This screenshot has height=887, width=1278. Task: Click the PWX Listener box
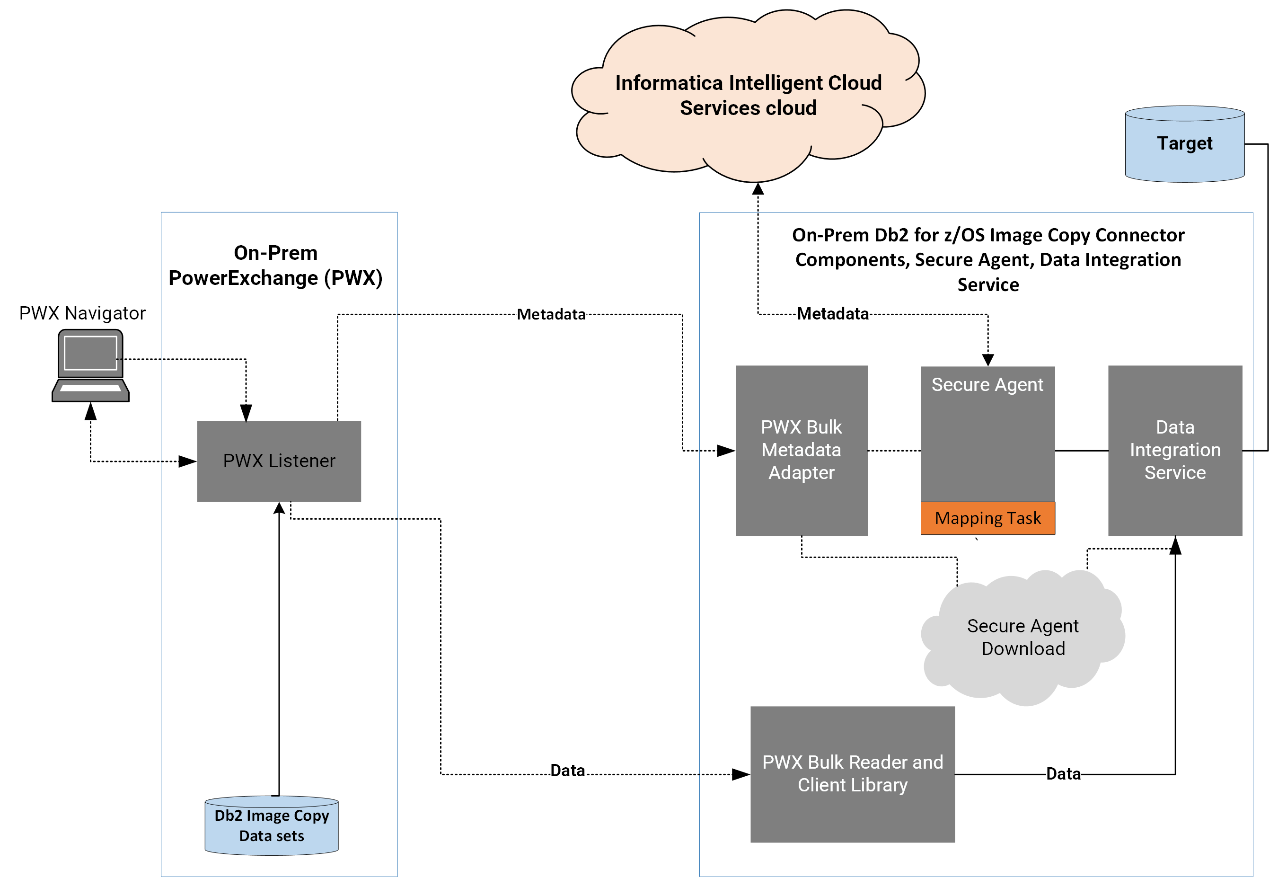coord(279,461)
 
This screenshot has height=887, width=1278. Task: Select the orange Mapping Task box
coord(987,518)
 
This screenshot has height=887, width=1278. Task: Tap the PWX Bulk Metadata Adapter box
coord(802,450)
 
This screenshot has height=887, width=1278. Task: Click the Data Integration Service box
coord(1175,450)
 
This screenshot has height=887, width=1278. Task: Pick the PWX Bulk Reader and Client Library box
coord(853,774)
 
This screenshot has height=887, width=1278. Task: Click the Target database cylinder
coord(1185,144)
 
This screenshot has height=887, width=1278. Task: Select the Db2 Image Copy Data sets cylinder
coord(272,825)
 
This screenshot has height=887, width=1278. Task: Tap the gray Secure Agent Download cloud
coord(1023,638)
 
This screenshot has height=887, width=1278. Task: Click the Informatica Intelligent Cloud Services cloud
coord(748,96)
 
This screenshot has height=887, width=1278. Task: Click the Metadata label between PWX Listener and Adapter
coord(551,315)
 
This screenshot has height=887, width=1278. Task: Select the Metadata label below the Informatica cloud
coord(833,314)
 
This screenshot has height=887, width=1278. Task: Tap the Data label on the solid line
coord(1064,773)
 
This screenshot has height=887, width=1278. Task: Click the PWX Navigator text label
coord(82,313)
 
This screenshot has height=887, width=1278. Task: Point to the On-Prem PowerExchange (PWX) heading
coord(275,266)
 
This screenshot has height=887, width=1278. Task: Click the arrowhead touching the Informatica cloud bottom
coord(758,189)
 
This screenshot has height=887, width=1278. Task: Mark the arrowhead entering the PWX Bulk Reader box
coord(741,774)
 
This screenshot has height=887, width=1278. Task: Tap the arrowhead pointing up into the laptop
coord(90,411)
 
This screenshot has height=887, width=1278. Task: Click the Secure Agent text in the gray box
coord(987,385)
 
